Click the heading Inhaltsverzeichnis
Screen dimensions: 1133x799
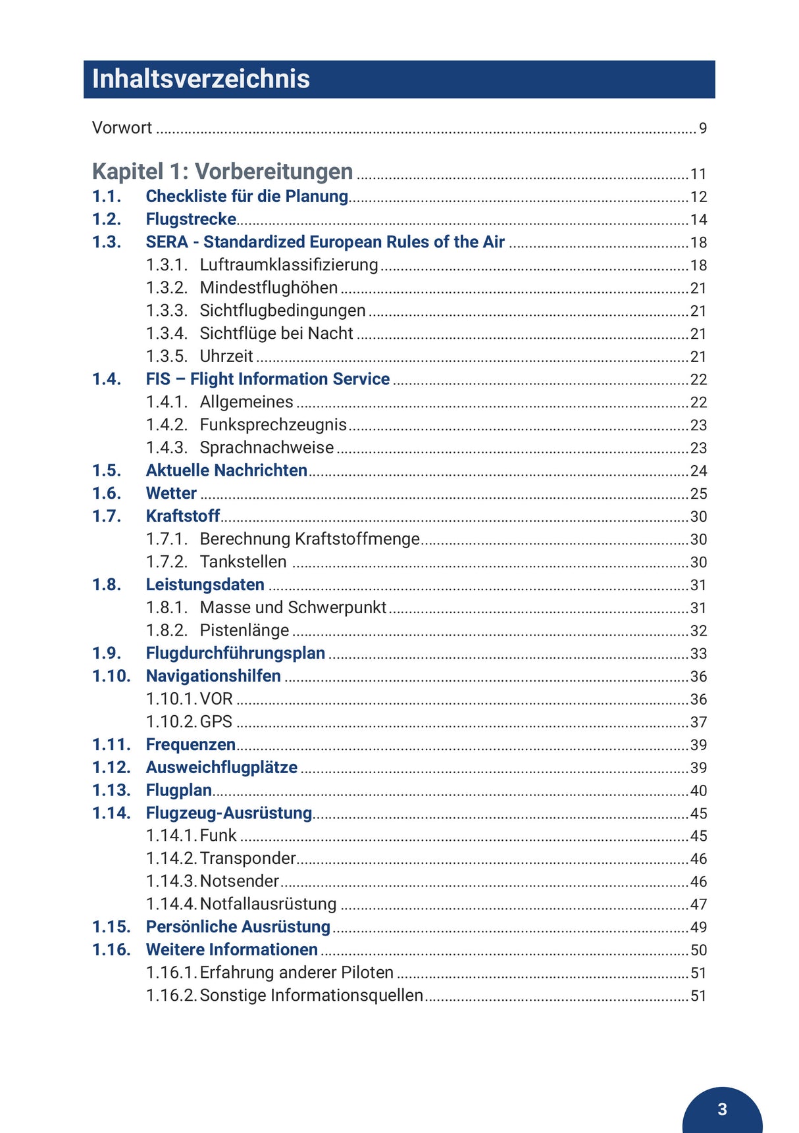(201, 79)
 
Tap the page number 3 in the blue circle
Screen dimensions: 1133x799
(722, 1109)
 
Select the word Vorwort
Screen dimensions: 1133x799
(122, 128)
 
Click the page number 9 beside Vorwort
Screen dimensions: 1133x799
(703, 128)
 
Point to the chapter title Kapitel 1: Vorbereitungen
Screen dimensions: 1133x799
(222, 172)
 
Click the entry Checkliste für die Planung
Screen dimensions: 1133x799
(247, 196)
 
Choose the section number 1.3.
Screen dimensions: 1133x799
(107, 242)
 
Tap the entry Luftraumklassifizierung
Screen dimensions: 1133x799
(289, 265)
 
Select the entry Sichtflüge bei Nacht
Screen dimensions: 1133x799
(276, 334)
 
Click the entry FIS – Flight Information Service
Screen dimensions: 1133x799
(268, 379)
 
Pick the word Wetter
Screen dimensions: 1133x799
(171, 493)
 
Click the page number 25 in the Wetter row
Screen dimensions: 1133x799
(698, 494)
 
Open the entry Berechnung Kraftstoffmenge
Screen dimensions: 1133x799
(309, 539)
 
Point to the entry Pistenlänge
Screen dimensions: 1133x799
(244, 630)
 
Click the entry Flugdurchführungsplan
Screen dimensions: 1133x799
(236, 653)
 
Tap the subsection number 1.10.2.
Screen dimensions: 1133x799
(171, 722)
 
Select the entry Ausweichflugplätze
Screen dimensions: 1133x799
(222, 767)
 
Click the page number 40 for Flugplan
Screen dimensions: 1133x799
(698, 791)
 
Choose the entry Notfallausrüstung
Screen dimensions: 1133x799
(268, 904)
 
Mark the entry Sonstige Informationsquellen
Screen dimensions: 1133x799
(311, 995)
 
